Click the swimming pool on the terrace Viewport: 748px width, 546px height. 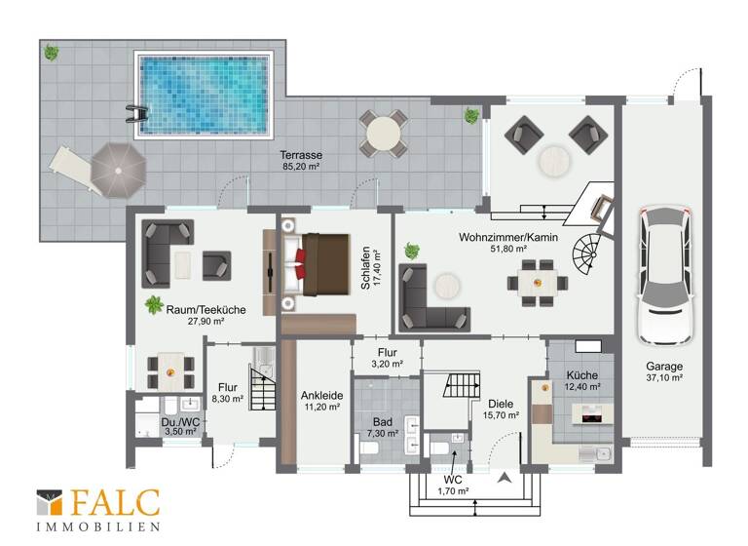[202, 95]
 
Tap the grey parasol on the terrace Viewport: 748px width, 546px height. [118, 170]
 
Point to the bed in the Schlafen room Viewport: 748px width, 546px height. [318, 264]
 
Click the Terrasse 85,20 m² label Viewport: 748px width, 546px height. [301, 161]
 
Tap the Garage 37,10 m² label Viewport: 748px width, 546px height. [662, 371]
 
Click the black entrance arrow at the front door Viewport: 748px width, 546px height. [504, 478]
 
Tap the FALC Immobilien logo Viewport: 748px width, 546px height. [97, 509]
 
